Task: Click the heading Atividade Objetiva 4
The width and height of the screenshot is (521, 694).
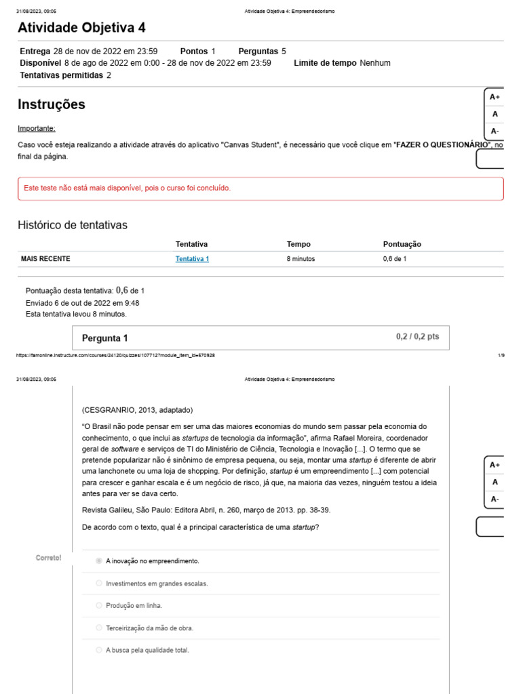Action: (81, 28)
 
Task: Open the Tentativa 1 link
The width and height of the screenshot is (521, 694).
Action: (192, 259)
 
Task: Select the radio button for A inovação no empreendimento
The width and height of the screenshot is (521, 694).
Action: (99, 561)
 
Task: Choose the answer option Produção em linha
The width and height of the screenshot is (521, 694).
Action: (134, 606)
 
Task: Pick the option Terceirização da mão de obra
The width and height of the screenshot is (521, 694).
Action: (149, 628)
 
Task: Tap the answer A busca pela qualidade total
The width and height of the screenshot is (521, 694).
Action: (147, 650)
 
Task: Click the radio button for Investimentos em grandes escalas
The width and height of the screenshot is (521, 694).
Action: (99, 584)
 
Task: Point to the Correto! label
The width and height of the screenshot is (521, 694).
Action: (48, 558)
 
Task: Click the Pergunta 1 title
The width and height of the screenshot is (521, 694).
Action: (104, 338)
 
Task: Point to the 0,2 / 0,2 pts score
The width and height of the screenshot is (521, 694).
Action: (417, 336)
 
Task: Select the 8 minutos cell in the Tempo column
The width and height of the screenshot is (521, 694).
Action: (301, 259)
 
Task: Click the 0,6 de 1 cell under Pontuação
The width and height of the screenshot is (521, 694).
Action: (395, 259)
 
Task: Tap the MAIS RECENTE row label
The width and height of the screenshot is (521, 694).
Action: (45, 259)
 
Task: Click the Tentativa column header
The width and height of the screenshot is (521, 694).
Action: (191, 244)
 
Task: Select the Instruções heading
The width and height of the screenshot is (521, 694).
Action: (52, 104)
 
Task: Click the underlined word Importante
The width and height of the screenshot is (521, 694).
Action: (37, 129)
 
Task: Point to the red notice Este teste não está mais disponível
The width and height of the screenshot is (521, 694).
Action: (127, 188)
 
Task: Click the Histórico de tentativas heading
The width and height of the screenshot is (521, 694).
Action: (72, 225)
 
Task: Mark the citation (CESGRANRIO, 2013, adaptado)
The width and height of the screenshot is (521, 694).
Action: (137, 410)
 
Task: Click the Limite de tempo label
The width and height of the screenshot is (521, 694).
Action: (325, 63)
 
